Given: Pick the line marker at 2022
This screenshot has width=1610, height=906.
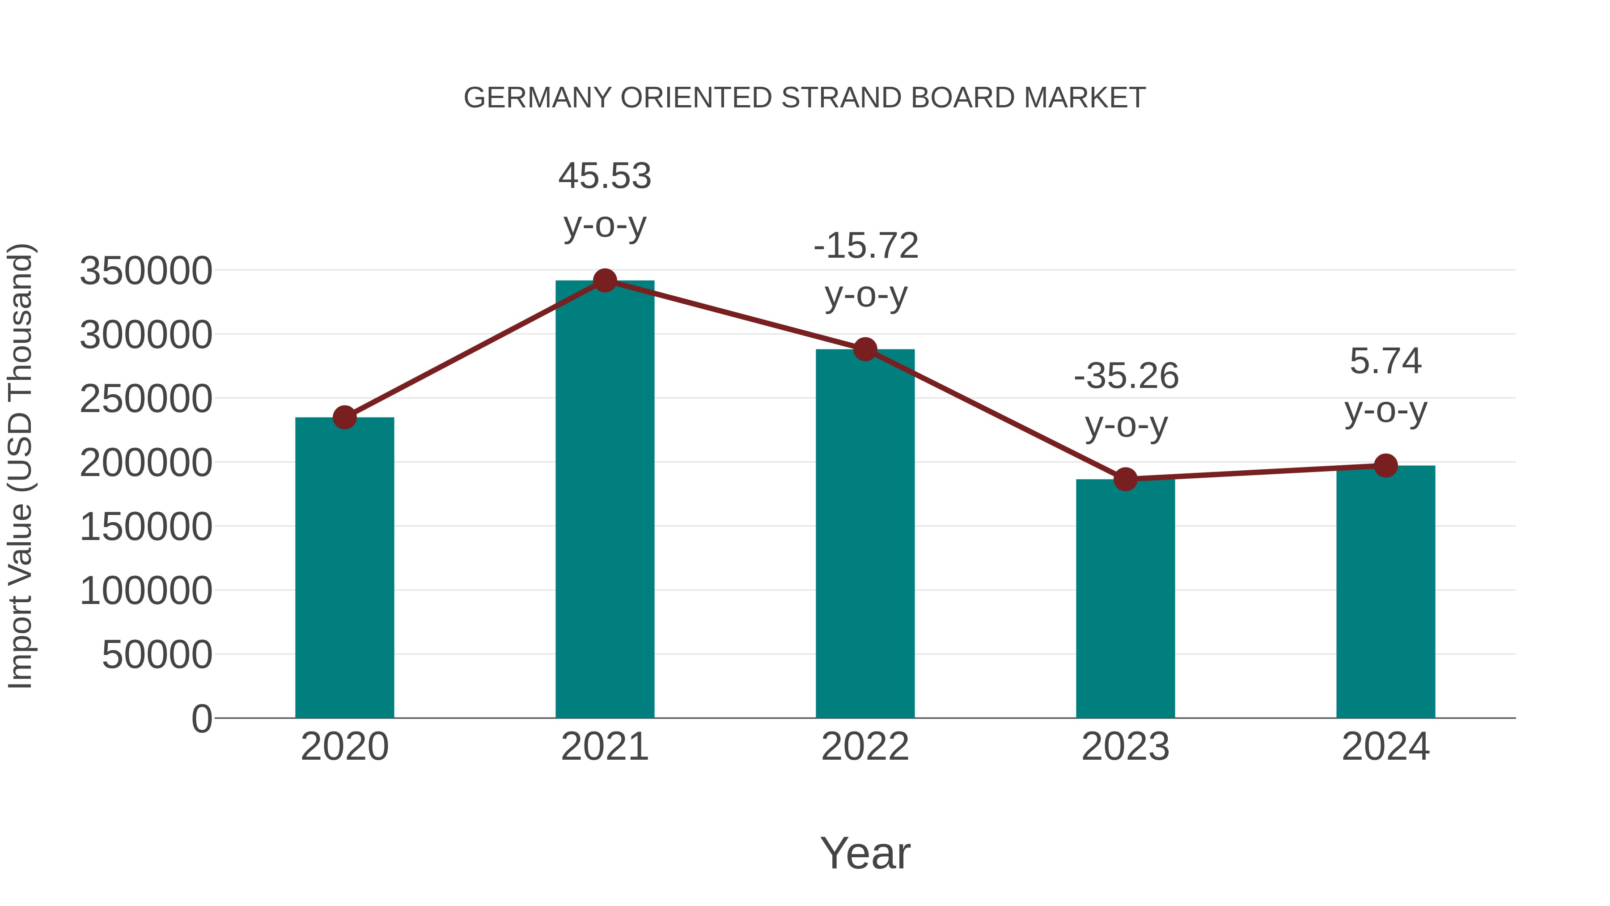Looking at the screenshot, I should (865, 349).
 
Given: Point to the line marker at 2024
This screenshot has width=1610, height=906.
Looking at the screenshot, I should (1385, 465).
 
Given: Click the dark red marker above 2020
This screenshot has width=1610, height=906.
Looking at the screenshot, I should (344, 417).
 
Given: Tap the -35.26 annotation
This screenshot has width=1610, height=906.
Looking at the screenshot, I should (1126, 376).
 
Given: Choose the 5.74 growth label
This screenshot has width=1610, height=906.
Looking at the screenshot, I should (1385, 362).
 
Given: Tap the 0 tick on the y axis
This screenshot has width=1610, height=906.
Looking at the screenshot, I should (201, 719).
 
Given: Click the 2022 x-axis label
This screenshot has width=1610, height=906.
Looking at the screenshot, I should (865, 747).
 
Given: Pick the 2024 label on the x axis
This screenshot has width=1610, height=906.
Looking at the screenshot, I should (1385, 747).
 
